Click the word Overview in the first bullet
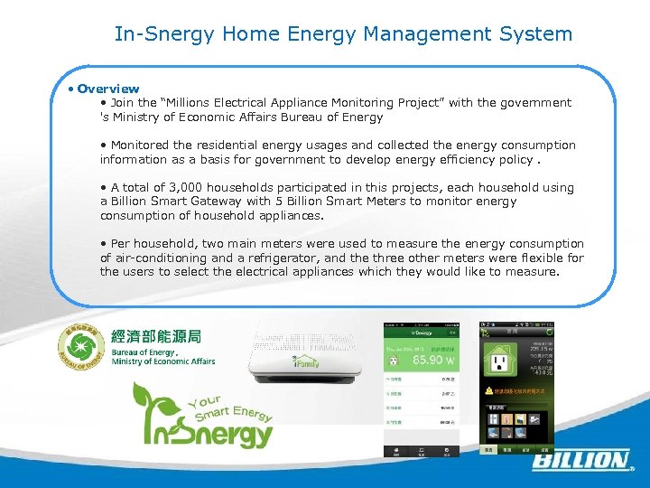point(108,89)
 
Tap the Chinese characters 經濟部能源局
point(155,337)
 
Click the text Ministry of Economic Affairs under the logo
point(163,361)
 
